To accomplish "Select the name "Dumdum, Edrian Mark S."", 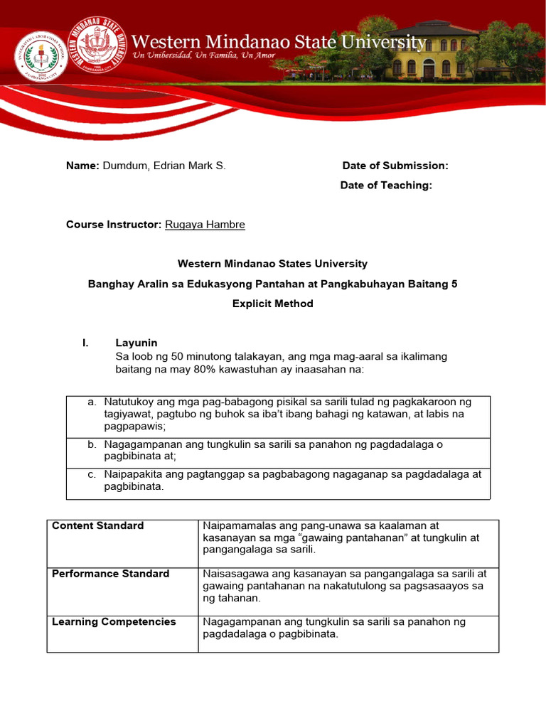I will tap(164, 166).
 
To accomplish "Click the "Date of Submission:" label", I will tap(395, 166).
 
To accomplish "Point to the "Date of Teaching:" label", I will tap(386, 185).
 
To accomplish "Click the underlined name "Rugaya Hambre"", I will tap(205, 225).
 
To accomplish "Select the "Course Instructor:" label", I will tap(114, 225).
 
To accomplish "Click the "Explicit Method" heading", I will tap(272, 304).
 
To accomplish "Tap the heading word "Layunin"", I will tap(136, 343).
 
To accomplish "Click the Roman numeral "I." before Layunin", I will tap(86, 343).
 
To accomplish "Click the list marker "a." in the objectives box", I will tap(92, 402).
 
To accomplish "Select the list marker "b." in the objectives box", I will tap(92, 444).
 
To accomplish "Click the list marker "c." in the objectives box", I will tap(92, 474).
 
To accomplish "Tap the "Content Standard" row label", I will tap(98, 526).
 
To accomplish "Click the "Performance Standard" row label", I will tap(111, 574).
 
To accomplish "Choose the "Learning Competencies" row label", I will tap(114, 622).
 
